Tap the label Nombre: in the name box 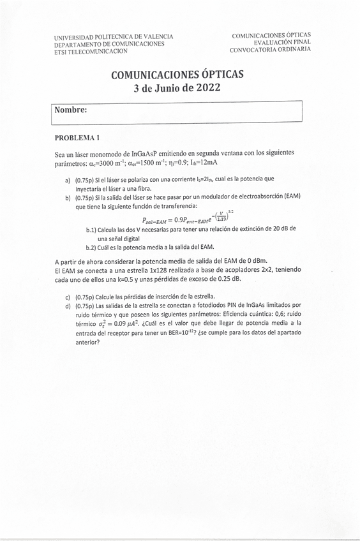point(71,110)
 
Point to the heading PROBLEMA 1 point(77,138)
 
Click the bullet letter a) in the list point(68,181)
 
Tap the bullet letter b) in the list point(68,198)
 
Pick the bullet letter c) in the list point(68,297)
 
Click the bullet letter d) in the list point(68,306)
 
